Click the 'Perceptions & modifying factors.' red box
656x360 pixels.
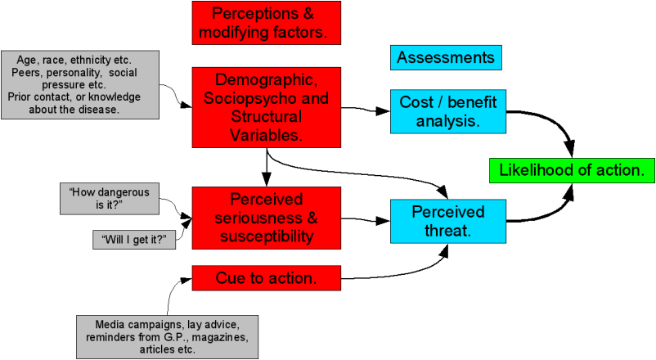[266, 23]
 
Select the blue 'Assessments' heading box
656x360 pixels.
[446, 58]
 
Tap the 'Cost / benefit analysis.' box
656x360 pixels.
[448, 112]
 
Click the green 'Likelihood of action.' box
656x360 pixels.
[571, 170]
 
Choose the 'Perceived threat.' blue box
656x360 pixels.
[447, 222]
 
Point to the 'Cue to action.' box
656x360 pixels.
[267, 278]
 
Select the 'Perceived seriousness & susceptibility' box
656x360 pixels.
[267, 218]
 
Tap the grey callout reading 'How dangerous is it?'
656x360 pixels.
[110, 199]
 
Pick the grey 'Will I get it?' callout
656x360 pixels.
[135, 241]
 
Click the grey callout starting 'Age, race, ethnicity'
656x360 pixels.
[79, 84]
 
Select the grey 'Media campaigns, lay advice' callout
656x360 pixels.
[167, 335]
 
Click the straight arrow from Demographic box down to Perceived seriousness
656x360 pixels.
[267, 168]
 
